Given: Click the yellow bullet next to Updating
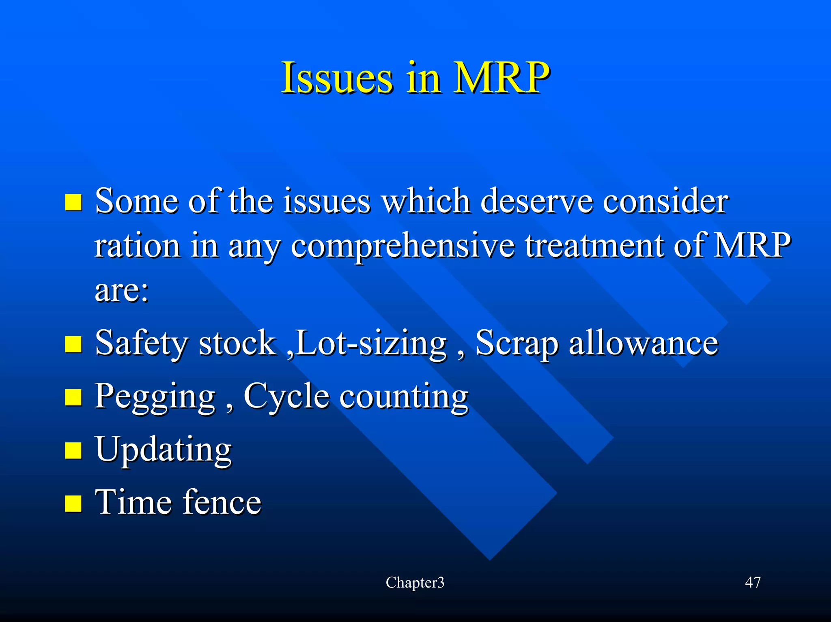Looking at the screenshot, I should pos(73,450).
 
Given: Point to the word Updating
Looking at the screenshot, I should pos(163,450).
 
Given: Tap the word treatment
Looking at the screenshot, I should pos(594,246).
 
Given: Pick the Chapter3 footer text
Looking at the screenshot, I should pos(415,583).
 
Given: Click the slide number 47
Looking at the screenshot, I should pos(753,583).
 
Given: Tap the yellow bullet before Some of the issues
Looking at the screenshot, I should pos(73,202).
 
